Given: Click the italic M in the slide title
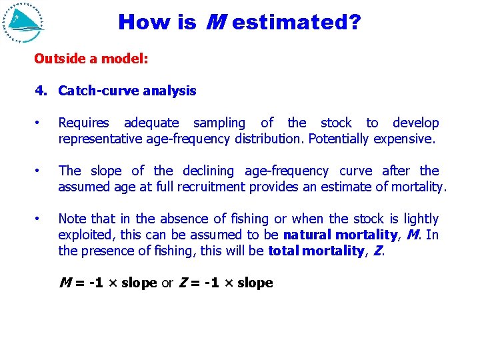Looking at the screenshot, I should [x=213, y=23].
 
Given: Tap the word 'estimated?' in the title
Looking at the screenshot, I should [x=297, y=23].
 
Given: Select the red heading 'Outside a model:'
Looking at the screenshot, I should [x=91, y=59].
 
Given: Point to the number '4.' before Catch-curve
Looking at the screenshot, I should [x=41, y=91].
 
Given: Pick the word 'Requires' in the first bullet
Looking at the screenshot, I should [x=83, y=123].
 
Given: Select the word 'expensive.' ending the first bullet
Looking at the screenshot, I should [x=404, y=139].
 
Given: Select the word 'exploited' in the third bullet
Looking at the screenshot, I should [x=85, y=235].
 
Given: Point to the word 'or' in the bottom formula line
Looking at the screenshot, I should [x=169, y=283].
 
